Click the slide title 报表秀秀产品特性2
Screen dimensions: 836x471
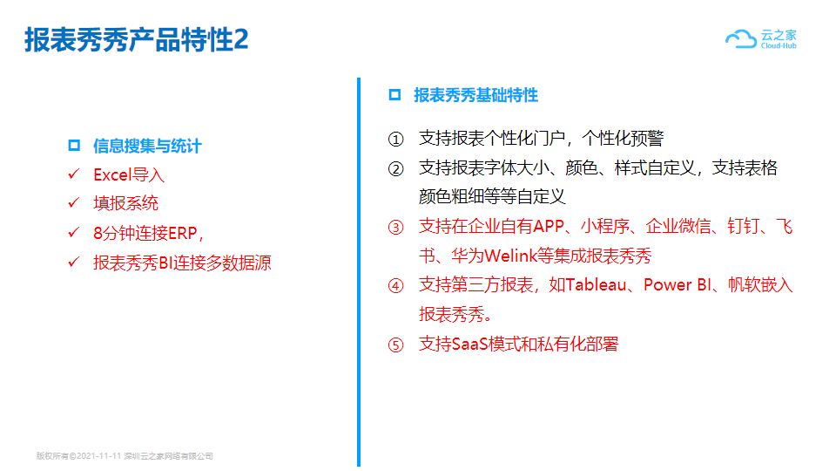click(x=137, y=39)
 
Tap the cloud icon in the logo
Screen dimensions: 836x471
click(x=741, y=39)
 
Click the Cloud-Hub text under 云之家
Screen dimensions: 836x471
click(x=779, y=46)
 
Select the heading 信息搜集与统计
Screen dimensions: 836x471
click(x=147, y=146)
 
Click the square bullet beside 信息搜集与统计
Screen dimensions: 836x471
click(x=74, y=146)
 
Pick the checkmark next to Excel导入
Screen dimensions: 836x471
click(x=73, y=174)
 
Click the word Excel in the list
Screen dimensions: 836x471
click(x=112, y=174)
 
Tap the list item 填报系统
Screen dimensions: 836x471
click(x=125, y=203)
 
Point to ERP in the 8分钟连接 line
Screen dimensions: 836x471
click(x=182, y=234)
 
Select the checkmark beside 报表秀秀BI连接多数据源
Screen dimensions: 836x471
click(x=73, y=263)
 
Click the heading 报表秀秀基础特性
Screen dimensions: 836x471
click(x=475, y=95)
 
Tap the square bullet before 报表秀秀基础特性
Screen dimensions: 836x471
click(x=394, y=95)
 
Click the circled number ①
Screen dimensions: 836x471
click(x=395, y=140)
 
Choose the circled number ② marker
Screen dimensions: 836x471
click(x=395, y=169)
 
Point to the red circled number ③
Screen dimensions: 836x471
click(x=395, y=228)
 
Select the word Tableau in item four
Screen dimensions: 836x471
click(x=596, y=285)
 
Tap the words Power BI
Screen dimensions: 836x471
click(x=678, y=285)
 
